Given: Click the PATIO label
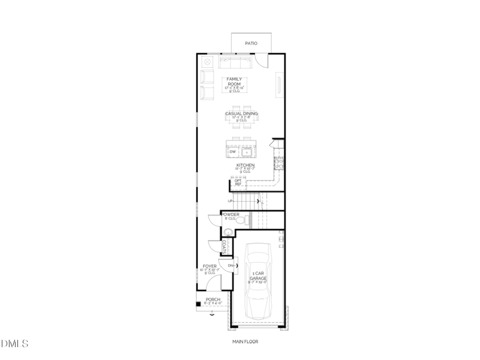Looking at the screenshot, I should click(x=251, y=43).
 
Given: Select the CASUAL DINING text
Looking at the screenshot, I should click(x=241, y=113).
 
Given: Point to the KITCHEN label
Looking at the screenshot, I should click(x=245, y=165).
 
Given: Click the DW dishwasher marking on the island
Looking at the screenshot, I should click(x=233, y=152).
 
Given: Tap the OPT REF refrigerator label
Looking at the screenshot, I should click(x=238, y=182).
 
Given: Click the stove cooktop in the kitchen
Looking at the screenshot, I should click(x=278, y=161).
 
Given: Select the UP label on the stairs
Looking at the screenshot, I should click(x=230, y=201).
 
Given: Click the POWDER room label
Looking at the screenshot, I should click(x=230, y=214).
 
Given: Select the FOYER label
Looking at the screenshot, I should click(x=209, y=265).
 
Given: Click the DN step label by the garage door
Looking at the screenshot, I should click(x=231, y=265).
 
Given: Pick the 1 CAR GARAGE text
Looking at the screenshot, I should click(x=259, y=276).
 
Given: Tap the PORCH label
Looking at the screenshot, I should click(x=213, y=299).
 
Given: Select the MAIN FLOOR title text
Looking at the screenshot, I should click(x=245, y=342).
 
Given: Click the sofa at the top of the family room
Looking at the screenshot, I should click(x=236, y=62).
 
